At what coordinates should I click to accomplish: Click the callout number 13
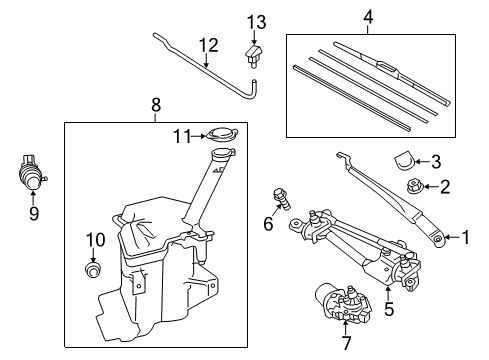[x=257, y=22]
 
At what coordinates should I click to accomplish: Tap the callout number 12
[x=207, y=45]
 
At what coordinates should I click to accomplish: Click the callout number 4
[x=369, y=17]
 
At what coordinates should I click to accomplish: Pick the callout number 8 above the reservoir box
[x=156, y=104]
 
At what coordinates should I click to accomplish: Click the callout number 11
[x=181, y=135]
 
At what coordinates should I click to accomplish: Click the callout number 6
[x=268, y=224]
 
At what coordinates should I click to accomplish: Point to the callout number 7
[x=347, y=343]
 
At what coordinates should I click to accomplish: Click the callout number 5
[x=389, y=309]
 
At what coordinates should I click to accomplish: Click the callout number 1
[x=465, y=238]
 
